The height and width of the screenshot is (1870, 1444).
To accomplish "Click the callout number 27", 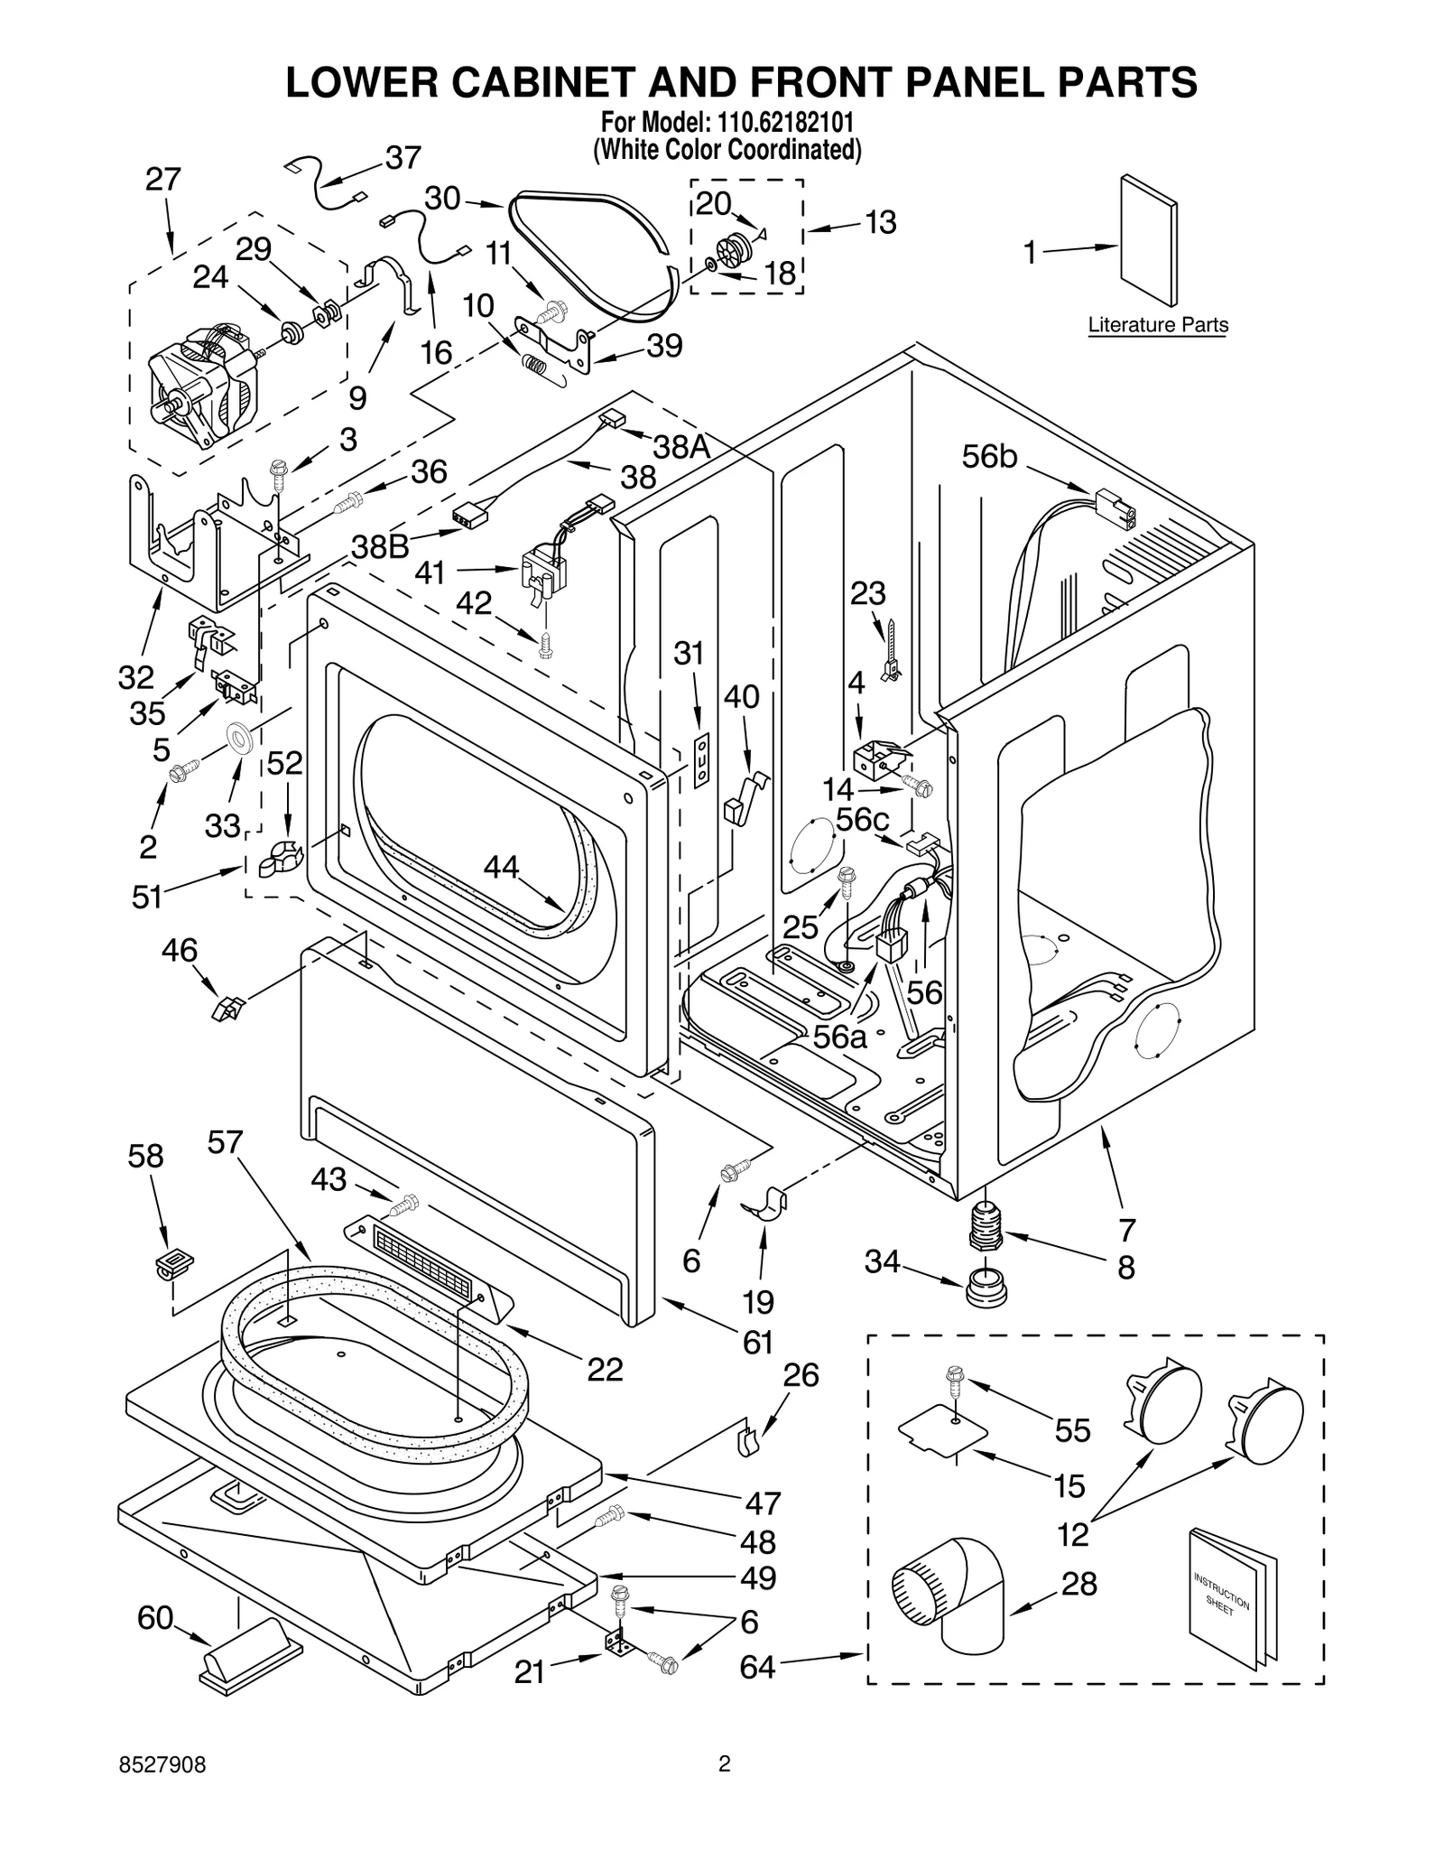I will pos(163,180).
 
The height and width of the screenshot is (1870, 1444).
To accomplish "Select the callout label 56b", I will pos(989,457).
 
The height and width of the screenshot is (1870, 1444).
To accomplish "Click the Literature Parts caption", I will pos(1157,325).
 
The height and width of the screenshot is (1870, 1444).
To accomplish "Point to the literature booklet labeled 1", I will pos(1148,241).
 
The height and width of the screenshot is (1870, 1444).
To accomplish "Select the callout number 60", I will pos(155,1618).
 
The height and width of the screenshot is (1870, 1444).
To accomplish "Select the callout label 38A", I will pos(681,445).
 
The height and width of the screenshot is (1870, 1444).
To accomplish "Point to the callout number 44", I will pos(502,867).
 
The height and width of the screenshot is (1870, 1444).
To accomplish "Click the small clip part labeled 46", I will pos(227,1008).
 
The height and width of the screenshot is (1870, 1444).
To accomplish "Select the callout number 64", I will pos(757,1667).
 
